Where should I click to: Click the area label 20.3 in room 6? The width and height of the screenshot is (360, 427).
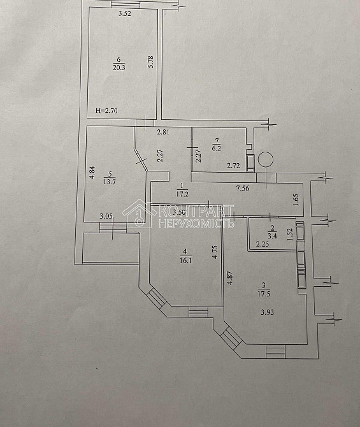pos(119,67)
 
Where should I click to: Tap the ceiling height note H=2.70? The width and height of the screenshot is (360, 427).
pos(106,110)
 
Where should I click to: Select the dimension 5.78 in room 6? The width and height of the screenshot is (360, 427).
pos(152,62)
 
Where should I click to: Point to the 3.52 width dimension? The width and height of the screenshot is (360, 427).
pos(125,13)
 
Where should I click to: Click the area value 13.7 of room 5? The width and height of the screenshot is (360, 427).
pos(110,182)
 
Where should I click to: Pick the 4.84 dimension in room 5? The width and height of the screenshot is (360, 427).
pos(92,172)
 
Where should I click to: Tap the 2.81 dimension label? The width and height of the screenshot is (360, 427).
pos(163,132)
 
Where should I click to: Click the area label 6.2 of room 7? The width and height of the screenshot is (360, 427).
pos(217,148)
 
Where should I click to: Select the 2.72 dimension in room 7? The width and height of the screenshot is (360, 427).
pos(233,165)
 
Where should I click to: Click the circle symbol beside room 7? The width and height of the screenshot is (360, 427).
pos(266,159)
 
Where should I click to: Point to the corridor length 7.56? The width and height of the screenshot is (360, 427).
pos(243,188)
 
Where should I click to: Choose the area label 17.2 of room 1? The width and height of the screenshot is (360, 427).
pos(182,194)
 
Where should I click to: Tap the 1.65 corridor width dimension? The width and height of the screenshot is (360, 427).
pos(297,200)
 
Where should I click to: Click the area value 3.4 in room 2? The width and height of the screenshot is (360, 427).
pos(272,236)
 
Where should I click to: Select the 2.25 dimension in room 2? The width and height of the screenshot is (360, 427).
pos(263,244)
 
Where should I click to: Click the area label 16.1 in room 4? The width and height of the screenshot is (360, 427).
pos(186,260)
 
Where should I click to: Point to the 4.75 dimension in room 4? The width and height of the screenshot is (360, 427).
pos(215,252)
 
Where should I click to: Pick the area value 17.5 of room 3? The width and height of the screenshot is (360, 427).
pos(264,294)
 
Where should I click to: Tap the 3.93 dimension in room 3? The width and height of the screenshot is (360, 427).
pos(268,312)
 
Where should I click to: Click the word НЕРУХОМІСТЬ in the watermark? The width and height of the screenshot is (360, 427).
pos(196,223)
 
